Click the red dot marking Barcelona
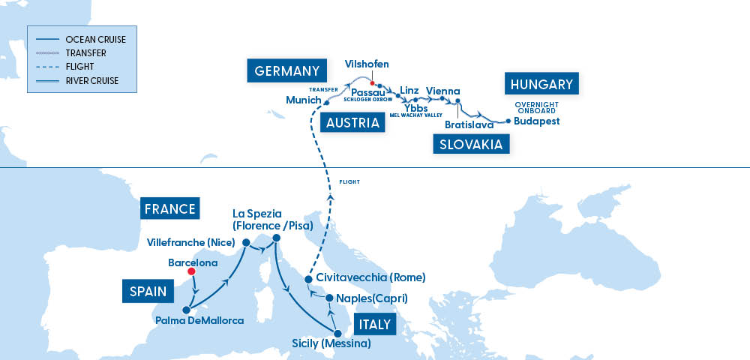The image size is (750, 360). (191, 272)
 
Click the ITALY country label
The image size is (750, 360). (373, 325)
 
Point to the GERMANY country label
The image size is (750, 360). (288, 71)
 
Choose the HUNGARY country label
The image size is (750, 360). (542, 84)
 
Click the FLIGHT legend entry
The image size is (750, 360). (80, 67)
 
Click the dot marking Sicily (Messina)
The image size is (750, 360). (337, 333)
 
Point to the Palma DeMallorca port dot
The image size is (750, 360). (184, 310)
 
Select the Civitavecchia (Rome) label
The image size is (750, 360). (371, 277)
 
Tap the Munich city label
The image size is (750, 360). (304, 100)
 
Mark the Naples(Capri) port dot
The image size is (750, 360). (328, 298)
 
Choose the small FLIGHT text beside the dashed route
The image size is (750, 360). (349, 182)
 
